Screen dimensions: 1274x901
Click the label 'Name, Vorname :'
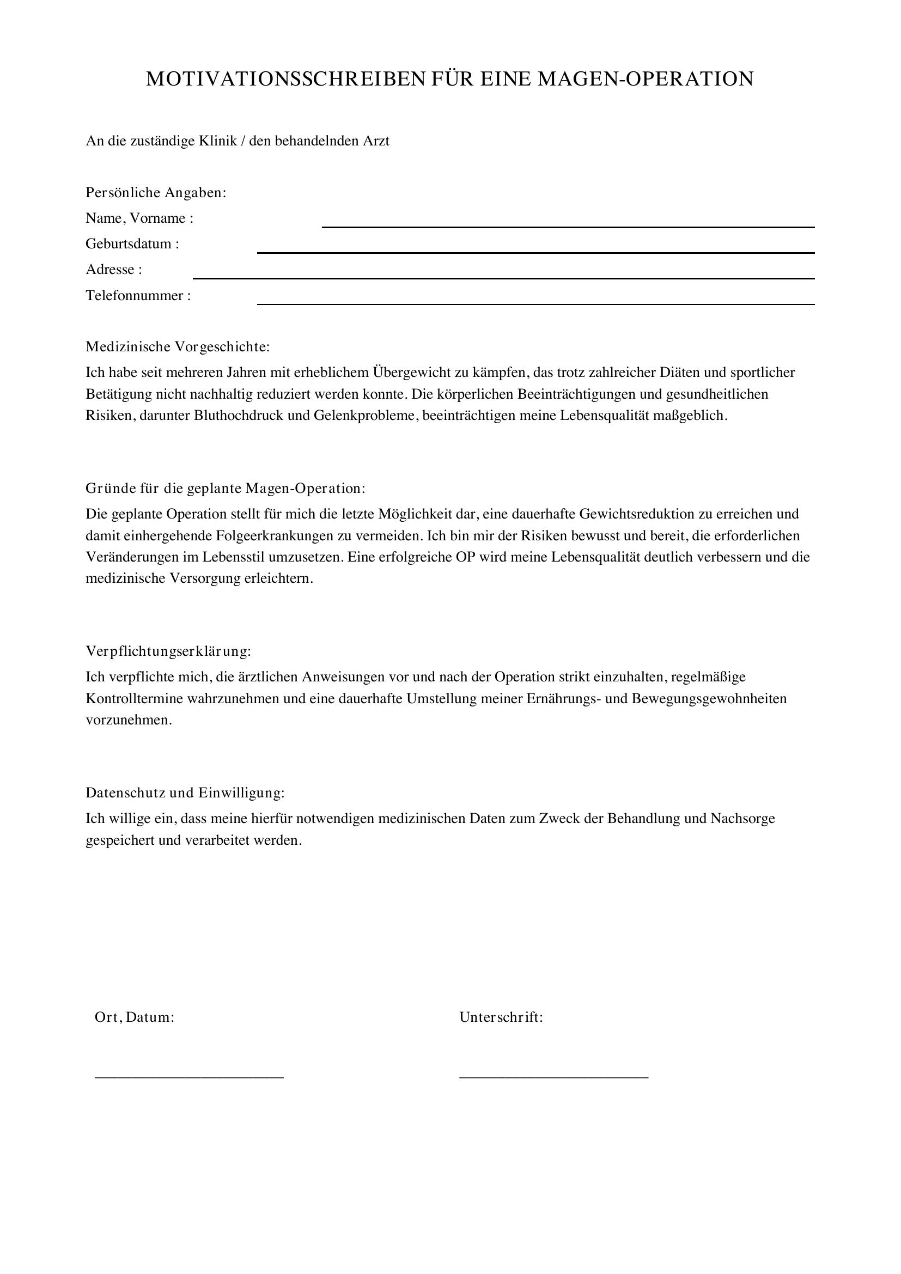tap(139, 218)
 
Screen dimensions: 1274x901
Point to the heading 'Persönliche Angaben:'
tap(156, 192)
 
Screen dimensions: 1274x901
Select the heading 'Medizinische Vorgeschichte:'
tap(178, 347)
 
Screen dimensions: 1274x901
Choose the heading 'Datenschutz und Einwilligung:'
tap(185, 793)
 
